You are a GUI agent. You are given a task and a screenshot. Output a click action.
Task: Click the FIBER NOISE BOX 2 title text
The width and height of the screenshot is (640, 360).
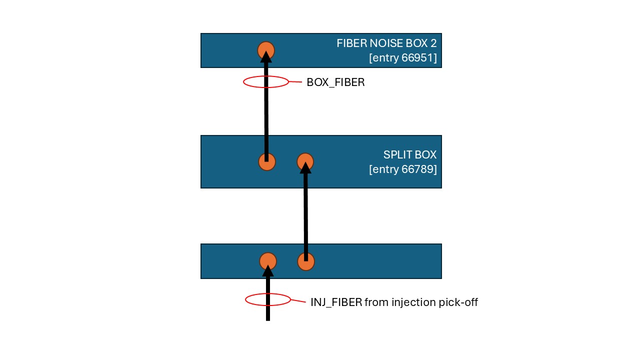(386, 43)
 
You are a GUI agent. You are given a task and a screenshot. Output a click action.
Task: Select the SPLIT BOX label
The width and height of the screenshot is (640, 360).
(409, 155)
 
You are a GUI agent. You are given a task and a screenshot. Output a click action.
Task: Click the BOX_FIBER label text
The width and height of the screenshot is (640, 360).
(335, 82)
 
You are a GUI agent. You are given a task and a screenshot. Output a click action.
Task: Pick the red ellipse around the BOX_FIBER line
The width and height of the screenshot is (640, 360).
(243, 82)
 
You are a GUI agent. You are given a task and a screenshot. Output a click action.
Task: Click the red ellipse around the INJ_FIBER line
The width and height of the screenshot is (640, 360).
(245, 299)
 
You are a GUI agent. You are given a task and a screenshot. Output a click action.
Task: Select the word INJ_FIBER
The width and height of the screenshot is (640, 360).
(336, 302)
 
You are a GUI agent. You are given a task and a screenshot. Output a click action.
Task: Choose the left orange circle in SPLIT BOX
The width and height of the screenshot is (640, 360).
(267, 162)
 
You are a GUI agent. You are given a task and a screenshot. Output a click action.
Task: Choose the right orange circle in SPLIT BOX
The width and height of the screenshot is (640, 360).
(305, 162)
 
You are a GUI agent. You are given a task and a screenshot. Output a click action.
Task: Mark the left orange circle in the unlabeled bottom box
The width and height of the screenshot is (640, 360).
(268, 261)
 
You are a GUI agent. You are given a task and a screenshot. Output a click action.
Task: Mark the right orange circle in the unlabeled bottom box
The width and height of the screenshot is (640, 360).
(306, 261)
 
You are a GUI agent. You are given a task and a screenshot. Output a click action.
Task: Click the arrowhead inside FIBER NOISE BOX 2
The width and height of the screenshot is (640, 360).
(266, 56)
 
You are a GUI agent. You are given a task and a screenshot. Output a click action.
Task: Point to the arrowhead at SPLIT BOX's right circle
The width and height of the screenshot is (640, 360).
(305, 167)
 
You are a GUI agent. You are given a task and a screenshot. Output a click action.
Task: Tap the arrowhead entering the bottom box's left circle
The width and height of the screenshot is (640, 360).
(268, 271)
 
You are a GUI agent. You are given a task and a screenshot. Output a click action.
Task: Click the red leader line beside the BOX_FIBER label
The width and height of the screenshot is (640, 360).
(295, 82)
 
